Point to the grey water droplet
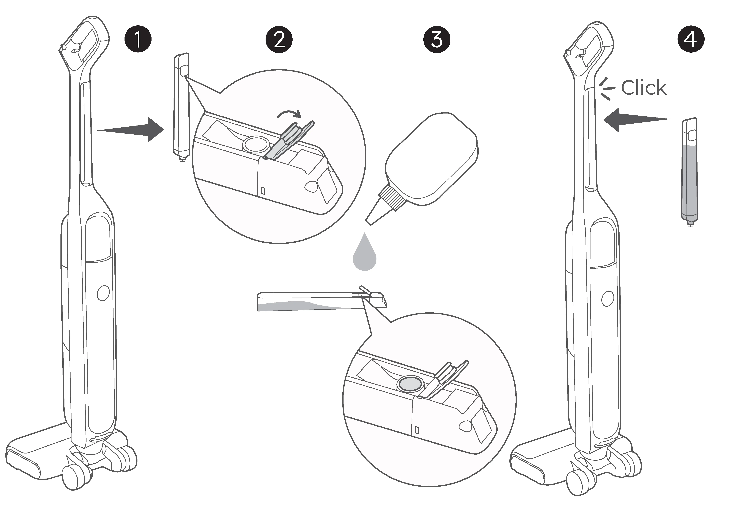coord(365,255)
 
